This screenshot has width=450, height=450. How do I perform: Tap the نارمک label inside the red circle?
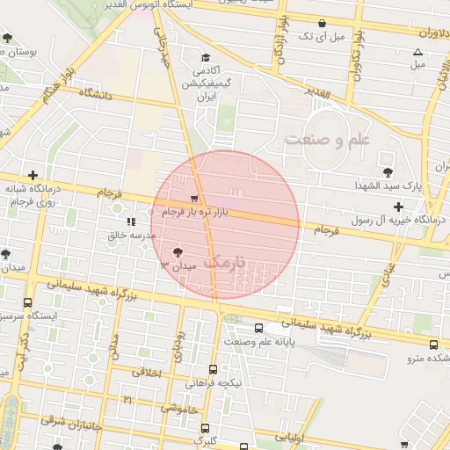[x=238, y=263]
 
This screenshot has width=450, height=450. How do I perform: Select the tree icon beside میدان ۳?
[x=181, y=251]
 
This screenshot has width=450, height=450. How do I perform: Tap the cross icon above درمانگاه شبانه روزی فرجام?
[x=33, y=175]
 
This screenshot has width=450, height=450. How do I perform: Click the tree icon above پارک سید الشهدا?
[x=388, y=172]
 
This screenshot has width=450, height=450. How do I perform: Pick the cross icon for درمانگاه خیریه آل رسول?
[x=398, y=207]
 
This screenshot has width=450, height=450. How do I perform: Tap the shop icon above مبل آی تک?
[x=323, y=24]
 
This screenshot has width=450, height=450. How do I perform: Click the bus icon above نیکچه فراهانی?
[x=213, y=370]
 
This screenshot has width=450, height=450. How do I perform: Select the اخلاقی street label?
[x=147, y=373]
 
